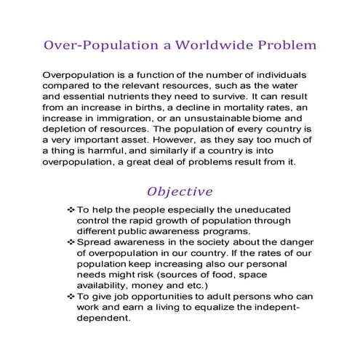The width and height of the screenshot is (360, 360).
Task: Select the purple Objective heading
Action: tap(180, 192)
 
